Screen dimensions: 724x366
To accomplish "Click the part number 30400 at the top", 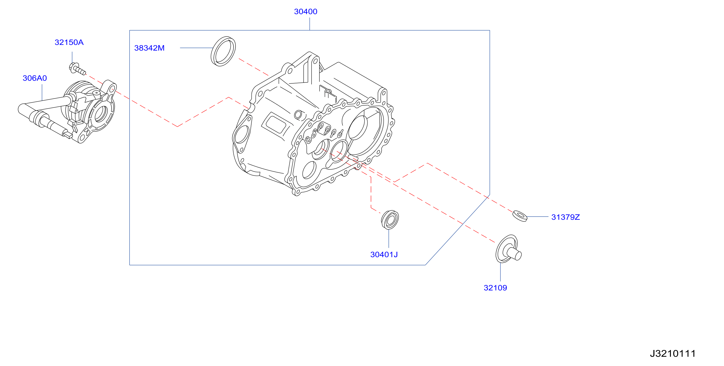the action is (x=306, y=12).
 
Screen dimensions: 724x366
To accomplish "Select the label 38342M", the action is (x=149, y=48).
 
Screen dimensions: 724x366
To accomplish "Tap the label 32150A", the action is (x=69, y=42).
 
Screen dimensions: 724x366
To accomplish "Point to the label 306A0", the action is (x=35, y=78).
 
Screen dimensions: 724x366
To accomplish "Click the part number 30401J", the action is (x=384, y=255).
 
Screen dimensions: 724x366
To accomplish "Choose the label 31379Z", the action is (x=566, y=217).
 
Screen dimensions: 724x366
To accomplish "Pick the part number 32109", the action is (x=495, y=288).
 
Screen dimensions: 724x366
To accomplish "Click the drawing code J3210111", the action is (x=673, y=353).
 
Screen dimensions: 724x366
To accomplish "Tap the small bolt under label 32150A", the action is (x=77, y=69).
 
